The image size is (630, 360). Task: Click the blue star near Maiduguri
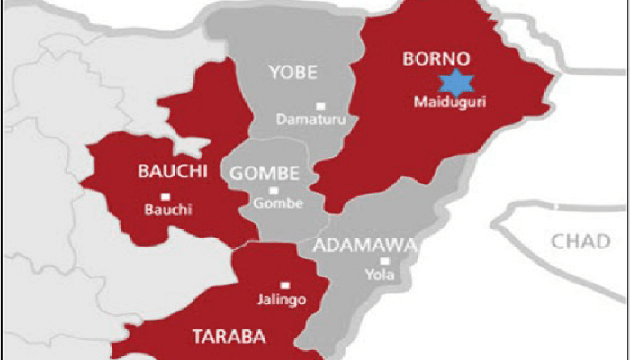456,84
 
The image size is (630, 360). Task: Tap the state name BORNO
430,61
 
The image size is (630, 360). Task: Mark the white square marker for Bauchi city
164,196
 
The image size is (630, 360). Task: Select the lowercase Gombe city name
274,204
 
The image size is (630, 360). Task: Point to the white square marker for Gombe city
274,190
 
